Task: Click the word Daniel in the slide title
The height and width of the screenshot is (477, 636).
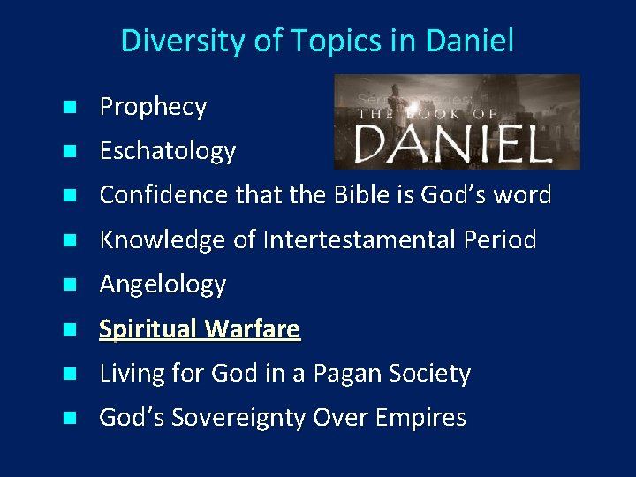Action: click(x=471, y=41)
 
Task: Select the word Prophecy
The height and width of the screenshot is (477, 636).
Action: click(x=153, y=108)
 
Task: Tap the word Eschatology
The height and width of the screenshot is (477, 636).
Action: click(x=167, y=152)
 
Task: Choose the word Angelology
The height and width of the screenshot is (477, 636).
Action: click(x=163, y=284)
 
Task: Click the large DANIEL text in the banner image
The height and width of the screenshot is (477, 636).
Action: click(x=453, y=144)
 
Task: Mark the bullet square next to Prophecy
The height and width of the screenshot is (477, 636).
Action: click(x=68, y=109)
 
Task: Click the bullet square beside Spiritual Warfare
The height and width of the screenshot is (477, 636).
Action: click(x=68, y=330)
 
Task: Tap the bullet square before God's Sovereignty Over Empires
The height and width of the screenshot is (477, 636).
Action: click(x=68, y=419)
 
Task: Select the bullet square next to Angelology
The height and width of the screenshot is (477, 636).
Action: click(x=68, y=285)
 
